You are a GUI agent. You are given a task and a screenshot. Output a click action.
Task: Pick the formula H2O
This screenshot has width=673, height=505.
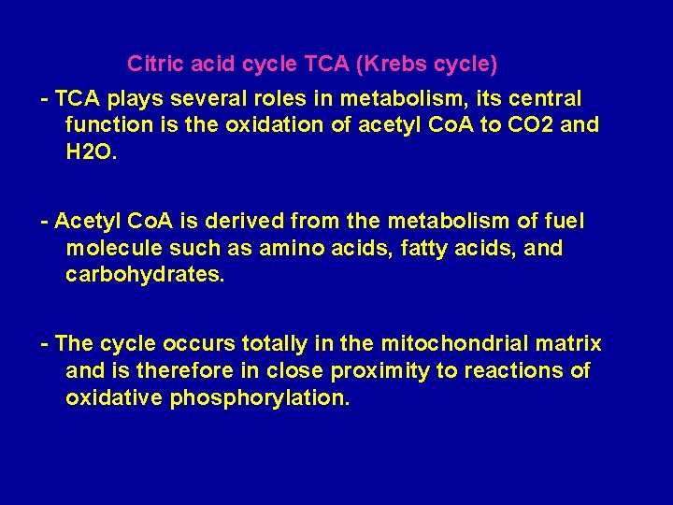92,151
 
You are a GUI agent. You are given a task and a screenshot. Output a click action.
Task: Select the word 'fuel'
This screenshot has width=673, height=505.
563,222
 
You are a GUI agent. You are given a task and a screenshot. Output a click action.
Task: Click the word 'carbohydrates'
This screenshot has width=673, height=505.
145,275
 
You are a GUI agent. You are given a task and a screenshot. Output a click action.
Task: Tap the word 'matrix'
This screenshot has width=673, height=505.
570,344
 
